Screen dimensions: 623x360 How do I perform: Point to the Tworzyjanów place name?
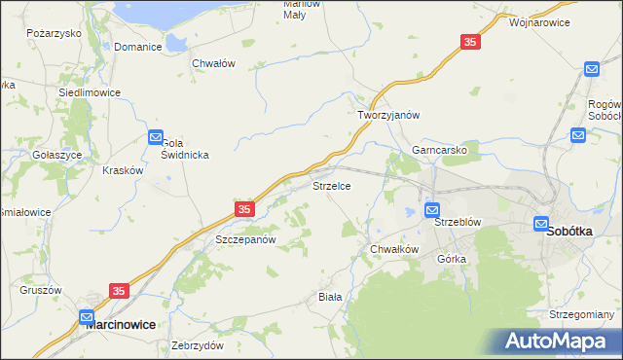[386, 114]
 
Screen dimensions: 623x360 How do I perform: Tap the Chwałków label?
[393, 249]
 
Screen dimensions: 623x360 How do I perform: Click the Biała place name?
[331, 296]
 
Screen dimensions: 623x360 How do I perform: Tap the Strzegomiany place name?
[581, 314]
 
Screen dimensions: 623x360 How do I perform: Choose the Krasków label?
[123, 169]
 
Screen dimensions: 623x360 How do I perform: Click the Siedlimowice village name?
[90, 92]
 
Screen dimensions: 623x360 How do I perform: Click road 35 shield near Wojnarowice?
[470, 42]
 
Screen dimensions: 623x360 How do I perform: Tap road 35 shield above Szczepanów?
[244, 209]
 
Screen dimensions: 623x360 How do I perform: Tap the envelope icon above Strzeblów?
[432, 209]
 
